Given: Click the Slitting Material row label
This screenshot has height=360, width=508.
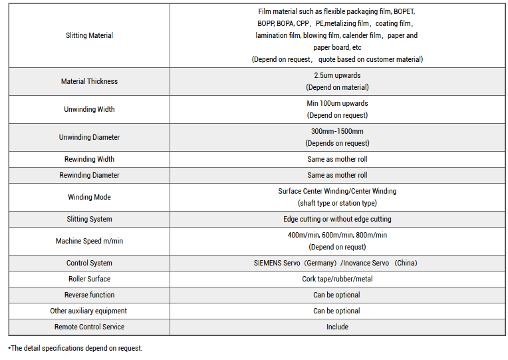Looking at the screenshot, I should (x=89, y=35).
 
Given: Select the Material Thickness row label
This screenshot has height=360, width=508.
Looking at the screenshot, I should (x=89, y=81).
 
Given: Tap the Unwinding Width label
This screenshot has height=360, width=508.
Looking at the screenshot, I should (x=89, y=109).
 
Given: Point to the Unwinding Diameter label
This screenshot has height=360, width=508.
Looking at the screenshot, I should (x=89, y=137).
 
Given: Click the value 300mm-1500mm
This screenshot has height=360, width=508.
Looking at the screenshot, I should (x=337, y=131).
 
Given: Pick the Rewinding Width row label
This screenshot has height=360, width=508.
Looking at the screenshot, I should (x=89, y=159).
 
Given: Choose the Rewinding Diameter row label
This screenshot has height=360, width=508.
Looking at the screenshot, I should (x=89, y=175).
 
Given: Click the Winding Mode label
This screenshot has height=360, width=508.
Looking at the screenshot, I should (x=89, y=197).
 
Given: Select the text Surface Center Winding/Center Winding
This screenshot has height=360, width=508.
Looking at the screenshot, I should (x=337, y=191).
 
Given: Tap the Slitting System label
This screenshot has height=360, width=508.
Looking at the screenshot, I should (x=89, y=219).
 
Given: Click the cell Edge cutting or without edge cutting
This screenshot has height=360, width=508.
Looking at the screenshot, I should (x=337, y=219).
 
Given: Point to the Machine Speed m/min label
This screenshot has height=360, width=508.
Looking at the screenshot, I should (x=89, y=241).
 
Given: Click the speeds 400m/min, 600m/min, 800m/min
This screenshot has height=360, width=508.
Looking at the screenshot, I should (x=337, y=235).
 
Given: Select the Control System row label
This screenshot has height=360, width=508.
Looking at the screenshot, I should (x=89, y=263).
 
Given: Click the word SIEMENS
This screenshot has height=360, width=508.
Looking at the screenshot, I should (x=268, y=263).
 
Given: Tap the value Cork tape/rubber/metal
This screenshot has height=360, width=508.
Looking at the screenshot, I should (x=337, y=279).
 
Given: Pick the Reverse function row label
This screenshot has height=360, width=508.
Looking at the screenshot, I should (x=89, y=295).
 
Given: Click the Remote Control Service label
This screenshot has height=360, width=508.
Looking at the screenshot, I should (x=89, y=327).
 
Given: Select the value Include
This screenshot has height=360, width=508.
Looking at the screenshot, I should (x=337, y=327).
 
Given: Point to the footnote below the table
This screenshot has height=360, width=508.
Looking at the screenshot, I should (x=75, y=348).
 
